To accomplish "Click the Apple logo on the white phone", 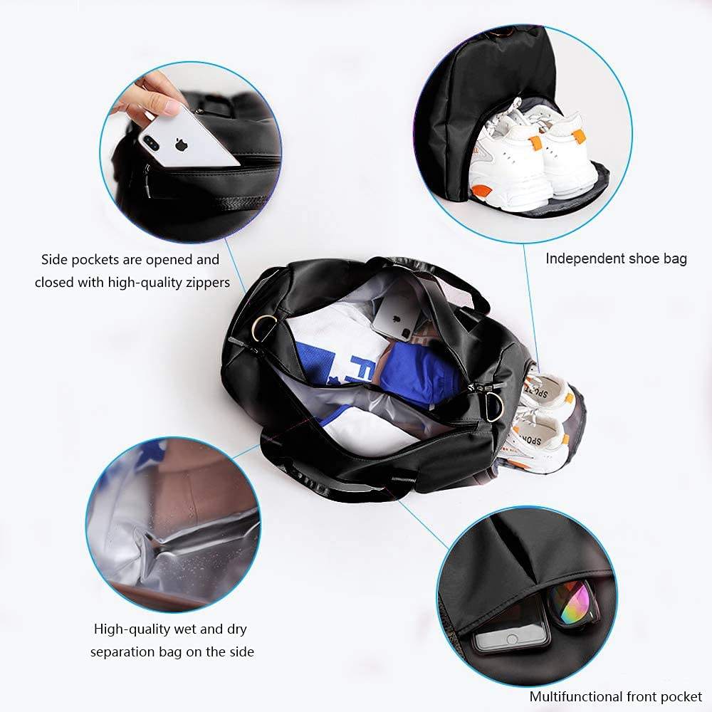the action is [x=181, y=145].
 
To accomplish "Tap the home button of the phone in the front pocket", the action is [x=512, y=639].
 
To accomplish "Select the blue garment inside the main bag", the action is [x=418, y=372].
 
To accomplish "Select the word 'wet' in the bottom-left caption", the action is [x=185, y=629].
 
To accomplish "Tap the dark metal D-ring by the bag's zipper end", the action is [x=493, y=406].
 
